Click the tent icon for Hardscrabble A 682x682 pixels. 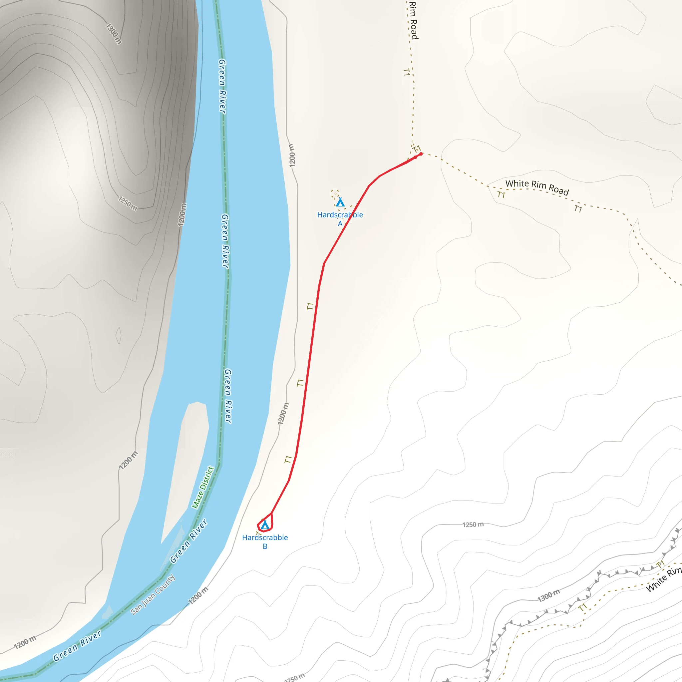pyautogui.click(x=340, y=202)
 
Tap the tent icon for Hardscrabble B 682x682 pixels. pyautogui.click(x=265, y=525)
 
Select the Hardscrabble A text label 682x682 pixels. pyautogui.click(x=340, y=218)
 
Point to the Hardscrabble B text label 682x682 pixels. pyautogui.click(x=265, y=541)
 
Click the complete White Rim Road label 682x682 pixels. pyautogui.click(x=537, y=187)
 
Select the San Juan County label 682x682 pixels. pyautogui.click(x=153, y=594)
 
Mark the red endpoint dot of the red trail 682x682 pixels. pyautogui.click(x=421, y=154)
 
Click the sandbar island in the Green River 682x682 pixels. pyautogui.click(x=187, y=459)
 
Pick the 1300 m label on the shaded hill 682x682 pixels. pyautogui.click(x=114, y=34)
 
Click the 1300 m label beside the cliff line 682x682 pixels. pyautogui.click(x=548, y=595)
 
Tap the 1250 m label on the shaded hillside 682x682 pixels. pyautogui.click(x=128, y=204)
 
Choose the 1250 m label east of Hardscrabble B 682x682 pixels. pyautogui.click(x=473, y=524)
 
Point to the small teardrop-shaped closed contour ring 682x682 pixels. pyautogui.click(x=118, y=335)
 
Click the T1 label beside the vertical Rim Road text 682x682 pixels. pyautogui.click(x=406, y=72)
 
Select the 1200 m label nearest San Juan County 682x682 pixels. pyautogui.click(x=198, y=595)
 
